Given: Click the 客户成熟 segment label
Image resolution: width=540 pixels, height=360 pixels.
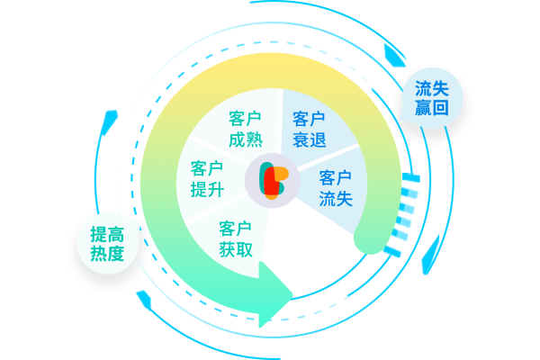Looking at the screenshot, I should click(245, 130).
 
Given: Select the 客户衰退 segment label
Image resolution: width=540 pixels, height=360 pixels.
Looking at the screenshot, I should click(309, 130).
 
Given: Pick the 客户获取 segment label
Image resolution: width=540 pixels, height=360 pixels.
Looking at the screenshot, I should click(235, 238).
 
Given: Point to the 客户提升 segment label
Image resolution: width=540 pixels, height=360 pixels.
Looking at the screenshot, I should click(207, 179).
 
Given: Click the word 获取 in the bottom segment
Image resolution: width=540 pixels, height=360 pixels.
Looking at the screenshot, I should click(235, 248).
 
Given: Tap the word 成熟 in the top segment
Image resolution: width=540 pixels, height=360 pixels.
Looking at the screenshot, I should click(245, 140).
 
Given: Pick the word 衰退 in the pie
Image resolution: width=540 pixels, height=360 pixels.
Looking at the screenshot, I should click(309, 140).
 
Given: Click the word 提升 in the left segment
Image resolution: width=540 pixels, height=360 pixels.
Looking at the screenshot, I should click(207, 190).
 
